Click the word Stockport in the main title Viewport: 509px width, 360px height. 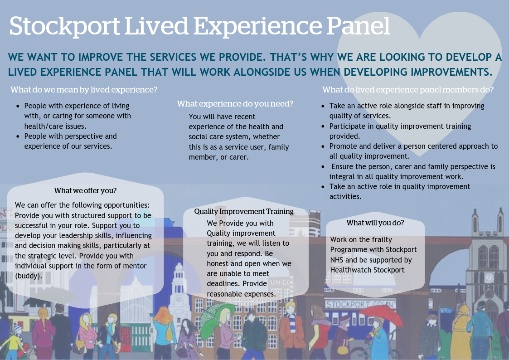[63, 26]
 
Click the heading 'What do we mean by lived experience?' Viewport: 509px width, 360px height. [84, 90]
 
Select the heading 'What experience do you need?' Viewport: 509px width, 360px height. [235, 104]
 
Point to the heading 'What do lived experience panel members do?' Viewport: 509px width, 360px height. [408, 90]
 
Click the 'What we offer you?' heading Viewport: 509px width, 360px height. [85, 190]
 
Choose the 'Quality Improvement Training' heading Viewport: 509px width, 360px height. [244, 211]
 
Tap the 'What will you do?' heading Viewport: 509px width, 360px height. [375, 223]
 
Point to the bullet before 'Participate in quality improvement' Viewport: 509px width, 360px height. [323, 126]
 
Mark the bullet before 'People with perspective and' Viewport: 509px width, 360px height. [18, 136]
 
